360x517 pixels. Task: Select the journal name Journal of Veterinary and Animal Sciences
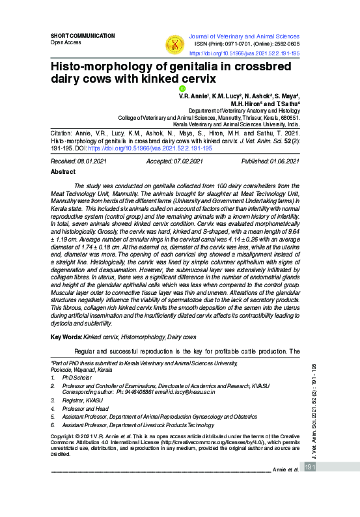pyautogui.click(x=243, y=36)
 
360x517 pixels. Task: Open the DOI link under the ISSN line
pyautogui.click(x=244, y=53)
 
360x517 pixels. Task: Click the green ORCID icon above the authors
pyautogui.click(x=183, y=88)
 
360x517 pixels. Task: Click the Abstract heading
pyautogui.click(x=63, y=173)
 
